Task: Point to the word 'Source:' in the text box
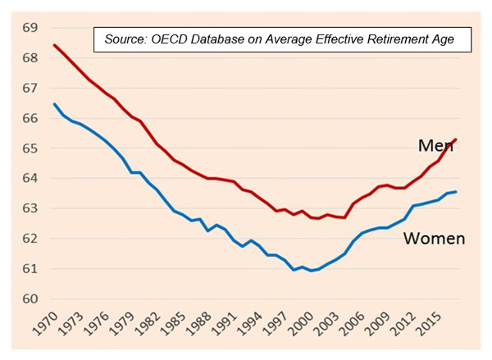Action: (125, 39)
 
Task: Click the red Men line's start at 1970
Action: (54, 45)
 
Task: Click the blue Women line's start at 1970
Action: (54, 104)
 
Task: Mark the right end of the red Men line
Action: (456, 139)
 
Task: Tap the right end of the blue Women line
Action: (456, 192)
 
